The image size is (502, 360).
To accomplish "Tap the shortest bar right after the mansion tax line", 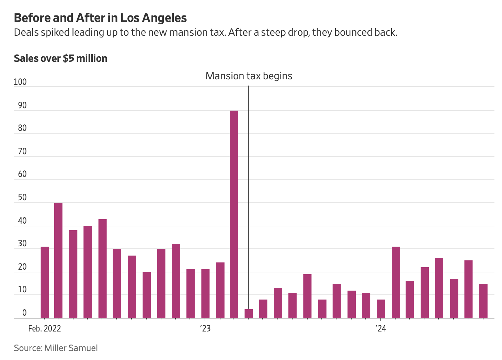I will (x=249, y=314).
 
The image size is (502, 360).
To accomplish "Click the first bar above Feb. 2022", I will (x=45, y=282).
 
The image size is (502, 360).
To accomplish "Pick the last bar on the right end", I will (x=483, y=301).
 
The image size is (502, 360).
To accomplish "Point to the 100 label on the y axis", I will (x=20, y=82).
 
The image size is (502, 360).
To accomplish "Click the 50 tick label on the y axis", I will (x=22, y=198).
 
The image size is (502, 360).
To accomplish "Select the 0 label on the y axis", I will (x=24, y=313).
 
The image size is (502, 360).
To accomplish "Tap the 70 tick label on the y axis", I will (x=22, y=151).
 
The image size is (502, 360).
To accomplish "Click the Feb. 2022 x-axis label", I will (x=45, y=329).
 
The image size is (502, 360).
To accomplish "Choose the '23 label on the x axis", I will (x=205, y=329).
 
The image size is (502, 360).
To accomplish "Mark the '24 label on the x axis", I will (x=381, y=329).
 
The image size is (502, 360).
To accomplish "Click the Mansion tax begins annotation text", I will (x=249, y=76).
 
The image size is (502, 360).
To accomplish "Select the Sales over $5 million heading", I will (x=60, y=58).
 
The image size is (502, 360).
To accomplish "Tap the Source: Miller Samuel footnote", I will (x=56, y=348).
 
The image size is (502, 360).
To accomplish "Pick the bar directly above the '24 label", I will (x=381, y=309).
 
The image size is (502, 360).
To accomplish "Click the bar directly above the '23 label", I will (x=205, y=294).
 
